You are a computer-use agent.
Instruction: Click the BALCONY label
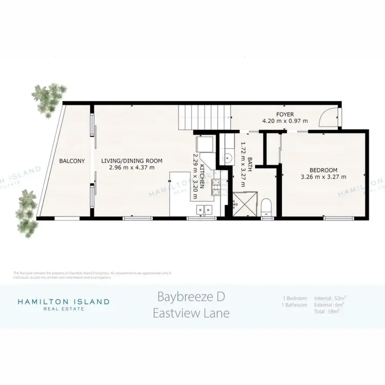coord(72,161)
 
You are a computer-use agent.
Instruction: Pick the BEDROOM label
coord(323,170)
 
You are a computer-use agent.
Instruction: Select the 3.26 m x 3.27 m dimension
coord(323,177)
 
